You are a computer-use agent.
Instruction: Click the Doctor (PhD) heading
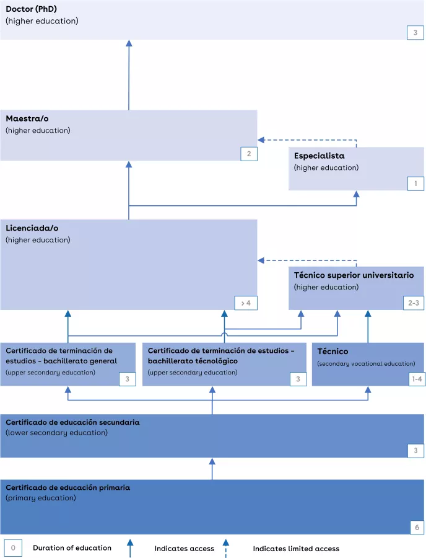click(32, 9)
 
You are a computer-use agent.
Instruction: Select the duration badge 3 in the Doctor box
click(415, 32)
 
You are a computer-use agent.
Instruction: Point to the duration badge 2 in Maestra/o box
click(248, 154)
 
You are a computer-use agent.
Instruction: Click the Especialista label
click(319, 156)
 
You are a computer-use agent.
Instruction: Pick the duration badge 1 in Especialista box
click(415, 183)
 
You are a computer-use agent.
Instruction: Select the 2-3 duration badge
click(414, 303)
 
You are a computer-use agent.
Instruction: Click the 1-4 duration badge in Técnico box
click(417, 379)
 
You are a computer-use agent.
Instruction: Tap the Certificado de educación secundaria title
click(72, 422)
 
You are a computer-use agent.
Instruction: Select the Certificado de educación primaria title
click(68, 488)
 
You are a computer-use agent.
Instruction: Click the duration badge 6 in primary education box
click(415, 527)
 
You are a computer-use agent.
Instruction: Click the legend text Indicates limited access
click(296, 549)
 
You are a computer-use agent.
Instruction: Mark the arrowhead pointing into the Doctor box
click(129, 43)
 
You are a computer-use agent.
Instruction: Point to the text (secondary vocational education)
click(366, 364)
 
